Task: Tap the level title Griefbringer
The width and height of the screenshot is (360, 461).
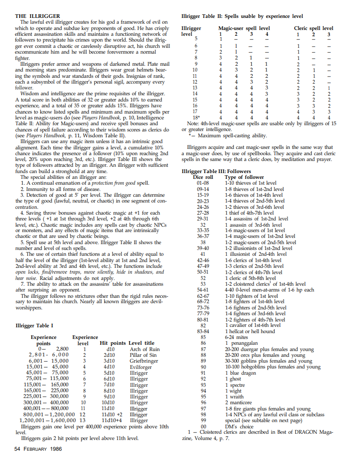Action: tap(144, 360)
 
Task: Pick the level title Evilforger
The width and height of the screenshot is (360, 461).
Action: tap(142, 366)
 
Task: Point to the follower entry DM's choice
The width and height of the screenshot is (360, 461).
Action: tap(240, 426)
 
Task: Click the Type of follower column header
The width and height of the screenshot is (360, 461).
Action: tap(244, 177)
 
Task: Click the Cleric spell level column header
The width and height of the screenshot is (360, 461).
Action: tap(315, 28)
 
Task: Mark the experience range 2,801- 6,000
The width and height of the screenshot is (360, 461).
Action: tap(49, 355)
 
